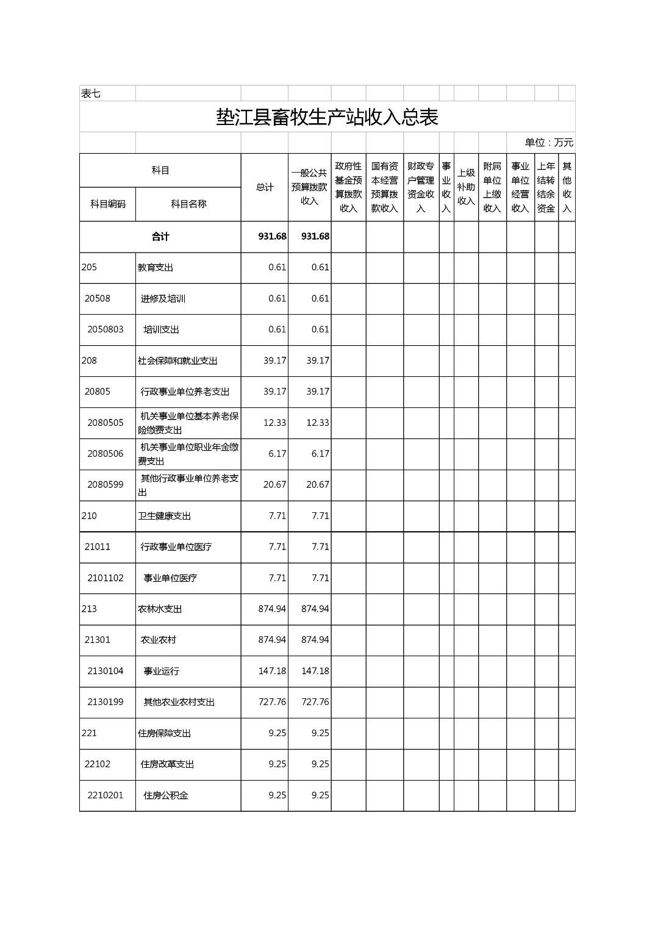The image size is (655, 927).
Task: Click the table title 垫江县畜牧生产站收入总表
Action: tap(327, 117)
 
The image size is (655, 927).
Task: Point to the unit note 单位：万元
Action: tap(549, 143)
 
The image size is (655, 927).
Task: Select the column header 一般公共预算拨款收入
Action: tap(309, 187)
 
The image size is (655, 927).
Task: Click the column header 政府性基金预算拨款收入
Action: tap(348, 187)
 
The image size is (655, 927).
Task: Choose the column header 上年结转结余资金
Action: tap(546, 187)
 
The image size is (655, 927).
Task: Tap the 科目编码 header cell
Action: tap(107, 204)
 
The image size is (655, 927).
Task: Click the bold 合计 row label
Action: tap(160, 237)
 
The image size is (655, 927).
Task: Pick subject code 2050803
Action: tap(105, 329)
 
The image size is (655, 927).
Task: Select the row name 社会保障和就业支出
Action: tap(177, 360)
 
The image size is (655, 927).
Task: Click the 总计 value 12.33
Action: tap(274, 423)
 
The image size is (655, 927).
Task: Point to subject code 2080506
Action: tap(105, 454)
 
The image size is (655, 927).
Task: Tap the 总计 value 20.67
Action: tap(274, 485)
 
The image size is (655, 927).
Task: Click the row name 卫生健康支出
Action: tap(164, 516)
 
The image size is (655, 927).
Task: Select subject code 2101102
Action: tap(105, 578)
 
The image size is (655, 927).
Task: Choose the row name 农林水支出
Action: tap(160, 609)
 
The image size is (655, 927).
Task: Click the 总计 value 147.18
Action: tap(272, 671)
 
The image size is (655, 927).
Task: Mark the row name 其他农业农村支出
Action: tap(179, 702)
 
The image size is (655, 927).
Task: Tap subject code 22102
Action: tap(98, 764)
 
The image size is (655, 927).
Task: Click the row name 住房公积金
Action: tap(166, 795)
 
